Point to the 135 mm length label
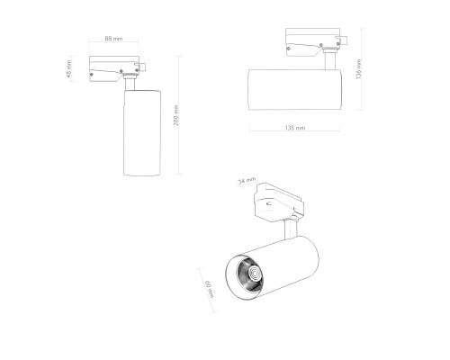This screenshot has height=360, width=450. [294, 129]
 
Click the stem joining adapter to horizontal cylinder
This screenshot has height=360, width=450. [333, 62]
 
